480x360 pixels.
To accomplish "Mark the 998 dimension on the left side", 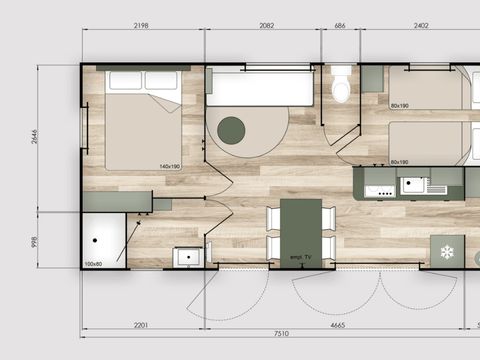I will (x=34, y=240).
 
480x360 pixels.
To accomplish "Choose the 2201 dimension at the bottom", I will (x=141, y=325).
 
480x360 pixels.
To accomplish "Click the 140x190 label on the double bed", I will (x=168, y=166).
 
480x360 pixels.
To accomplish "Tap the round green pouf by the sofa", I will (x=231, y=128).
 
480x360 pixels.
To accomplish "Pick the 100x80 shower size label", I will (x=93, y=264).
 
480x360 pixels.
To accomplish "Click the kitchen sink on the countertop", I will (x=411, y=185).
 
